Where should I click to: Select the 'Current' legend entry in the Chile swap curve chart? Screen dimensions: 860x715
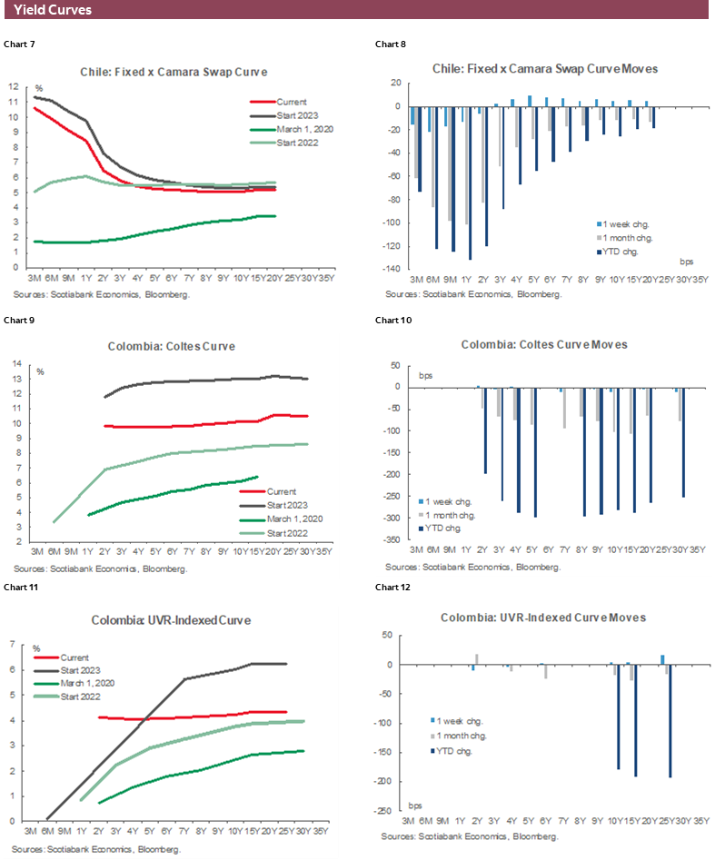[x=292, y=102]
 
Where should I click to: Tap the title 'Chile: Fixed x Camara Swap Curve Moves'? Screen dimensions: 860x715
[x=545, y=68]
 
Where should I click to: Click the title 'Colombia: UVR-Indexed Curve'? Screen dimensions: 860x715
[x=171, y=620]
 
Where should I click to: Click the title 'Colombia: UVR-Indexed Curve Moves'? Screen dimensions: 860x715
[x=543, y=617]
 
